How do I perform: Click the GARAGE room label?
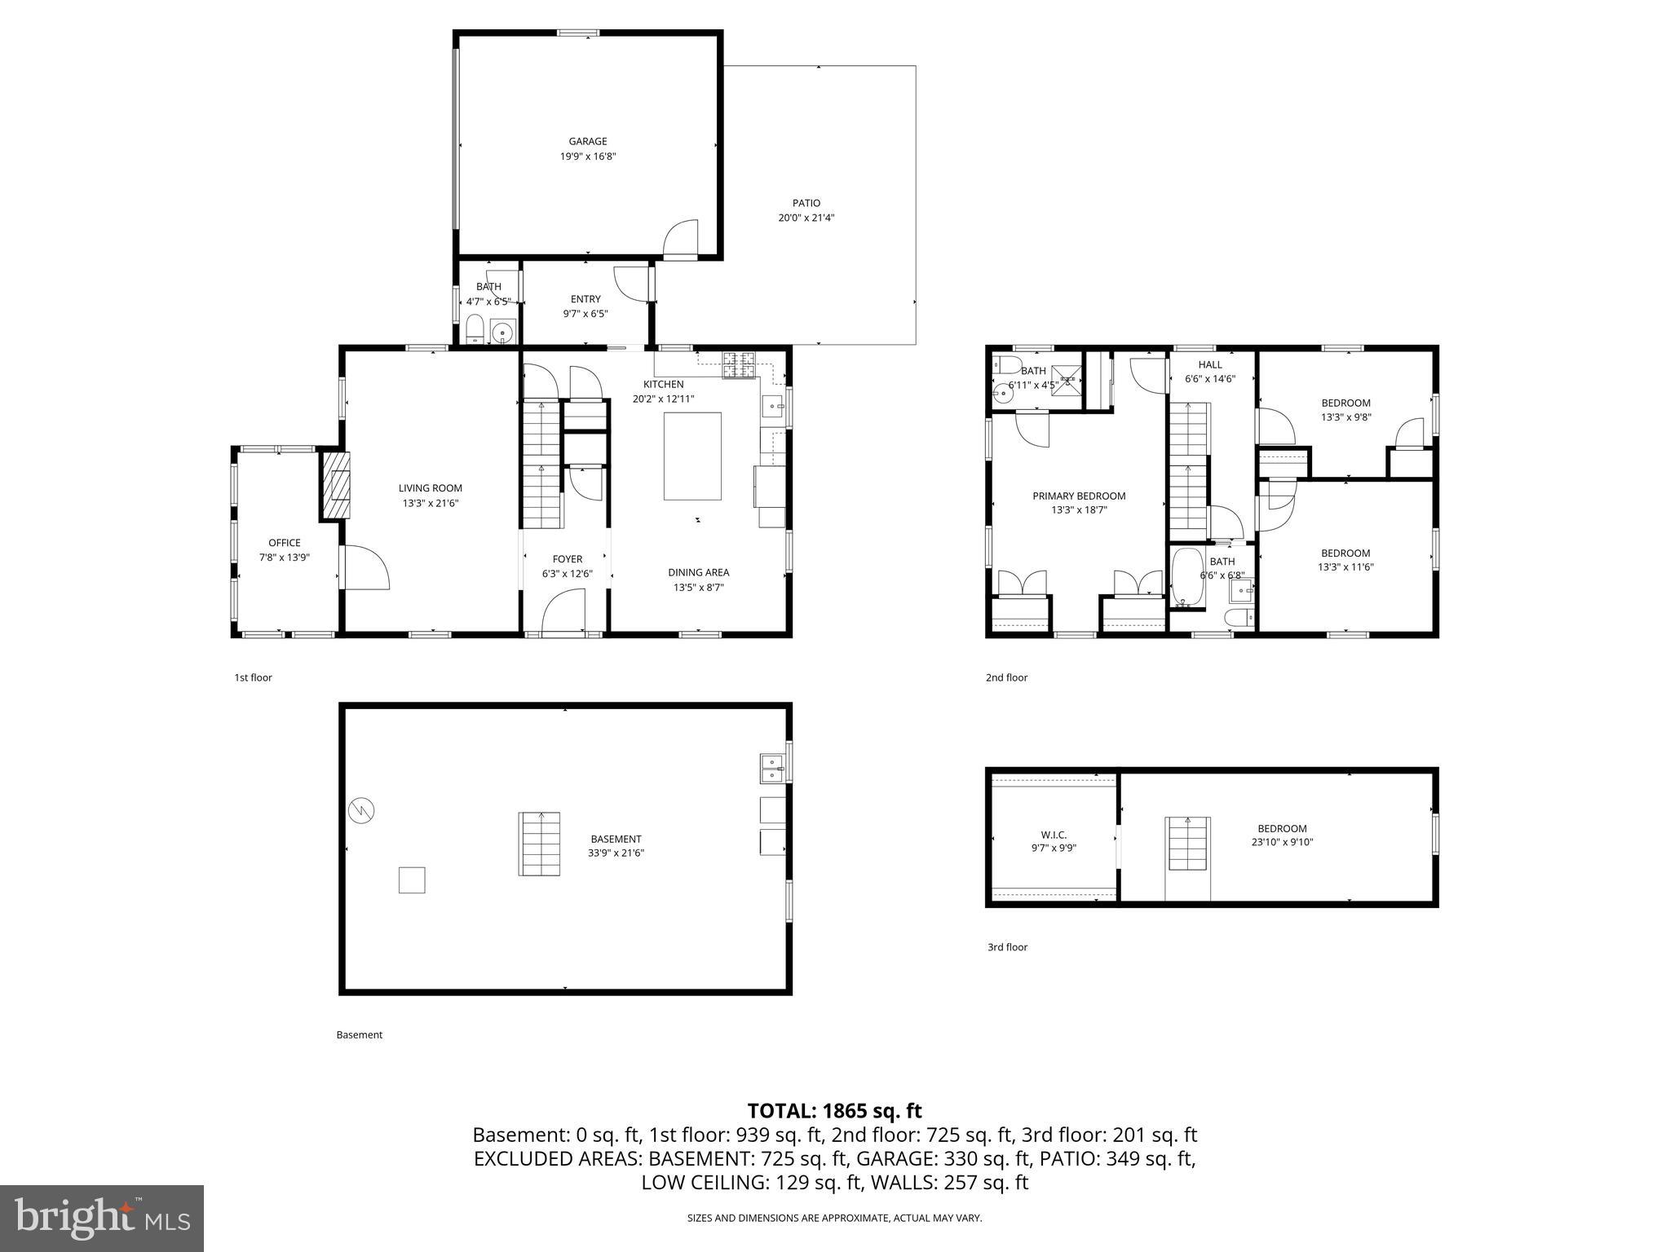pos(587,141)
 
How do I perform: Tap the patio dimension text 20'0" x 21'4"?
pos(806,218)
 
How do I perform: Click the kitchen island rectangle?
pos(691,456)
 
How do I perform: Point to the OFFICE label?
pos(285,543)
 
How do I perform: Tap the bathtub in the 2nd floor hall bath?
pos(1186,578)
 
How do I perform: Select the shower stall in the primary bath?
pos(1067,381)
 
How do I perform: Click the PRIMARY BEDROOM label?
pos(1079,496)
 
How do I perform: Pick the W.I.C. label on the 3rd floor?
pos(1054,835)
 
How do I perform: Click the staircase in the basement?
pos(539,844)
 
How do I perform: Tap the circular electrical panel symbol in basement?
pos(361,810)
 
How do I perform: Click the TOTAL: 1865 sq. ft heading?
pos(834,1110)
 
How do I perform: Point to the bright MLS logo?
pos(102,1218)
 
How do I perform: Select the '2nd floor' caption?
pos(1006,677)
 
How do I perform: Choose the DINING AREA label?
pos(698,572)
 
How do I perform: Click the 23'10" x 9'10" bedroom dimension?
pos(1282,843)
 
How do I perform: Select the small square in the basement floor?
pos(412,880)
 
